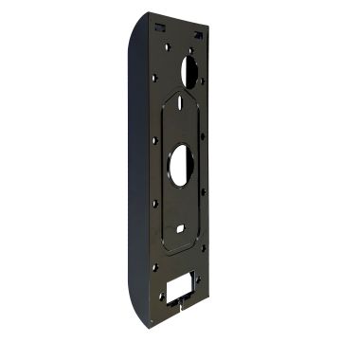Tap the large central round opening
[x=180, y=161]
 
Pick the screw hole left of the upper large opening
[x=154, y=77]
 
